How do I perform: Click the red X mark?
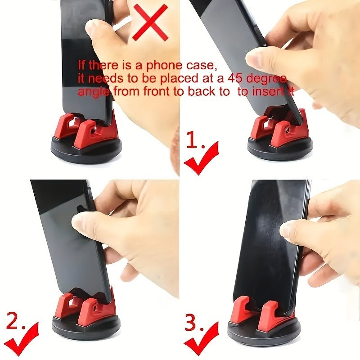tap(150, 22)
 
